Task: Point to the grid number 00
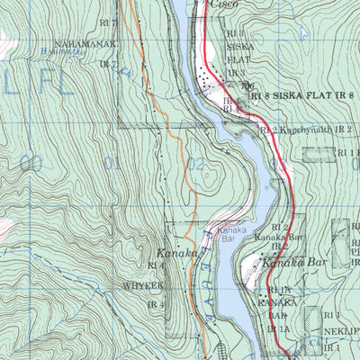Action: [x=30, y=163]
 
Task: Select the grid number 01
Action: [x=112, y=163]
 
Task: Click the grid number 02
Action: [x=195, y=164]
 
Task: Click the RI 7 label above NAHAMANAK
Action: [x=108, y=21]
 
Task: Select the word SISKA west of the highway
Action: [x=239, y=44]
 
